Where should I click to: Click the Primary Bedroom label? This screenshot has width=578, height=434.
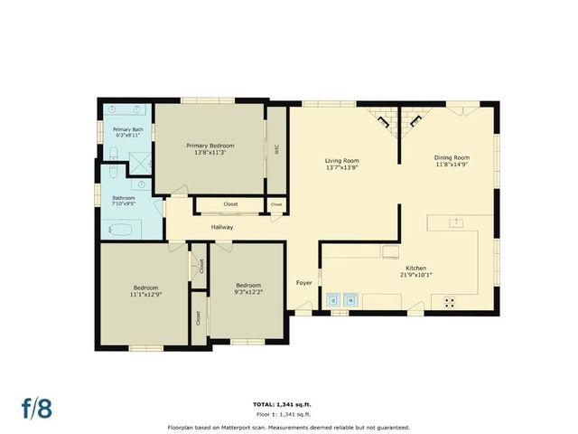pos(210,146)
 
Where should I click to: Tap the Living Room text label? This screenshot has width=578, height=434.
pos(342,161)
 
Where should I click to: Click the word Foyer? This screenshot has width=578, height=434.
pos(304,283)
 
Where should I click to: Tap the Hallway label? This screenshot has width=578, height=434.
pos(222,227)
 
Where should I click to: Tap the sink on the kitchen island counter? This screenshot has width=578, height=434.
pos(458,221)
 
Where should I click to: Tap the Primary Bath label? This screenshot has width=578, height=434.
pos(127,129)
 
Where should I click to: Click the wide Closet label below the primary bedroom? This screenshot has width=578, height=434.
pos(230,204)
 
